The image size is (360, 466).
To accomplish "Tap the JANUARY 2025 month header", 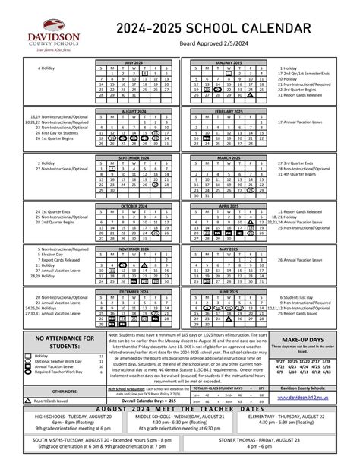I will pos(229,62).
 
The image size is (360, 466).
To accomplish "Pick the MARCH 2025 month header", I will pos(229,157).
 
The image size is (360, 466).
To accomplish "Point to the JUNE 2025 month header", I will pos(229,291).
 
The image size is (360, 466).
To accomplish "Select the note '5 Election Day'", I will pos(30,254).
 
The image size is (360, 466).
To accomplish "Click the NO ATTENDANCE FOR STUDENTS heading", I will pos(53,342).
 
